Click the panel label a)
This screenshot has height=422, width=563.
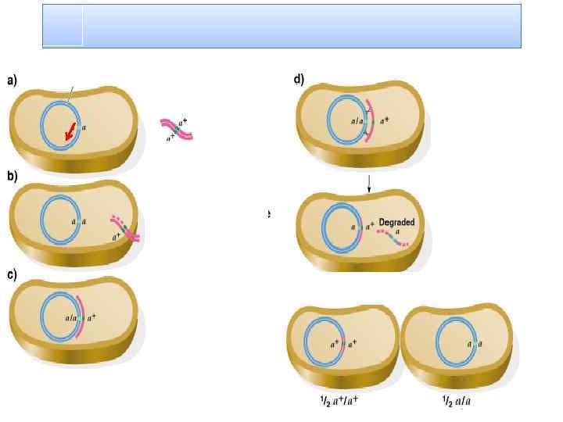pos(13,80)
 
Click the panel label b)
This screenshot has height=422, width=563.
pos(13,177)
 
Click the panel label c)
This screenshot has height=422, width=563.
pos(13,274)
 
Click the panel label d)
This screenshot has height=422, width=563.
pos(299,80)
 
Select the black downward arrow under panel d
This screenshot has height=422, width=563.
pos(368,185)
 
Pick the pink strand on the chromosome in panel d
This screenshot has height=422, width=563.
pos(370,122)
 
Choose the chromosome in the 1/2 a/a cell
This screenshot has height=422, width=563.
pos(439,344)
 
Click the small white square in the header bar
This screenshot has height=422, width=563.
pos(63,26)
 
